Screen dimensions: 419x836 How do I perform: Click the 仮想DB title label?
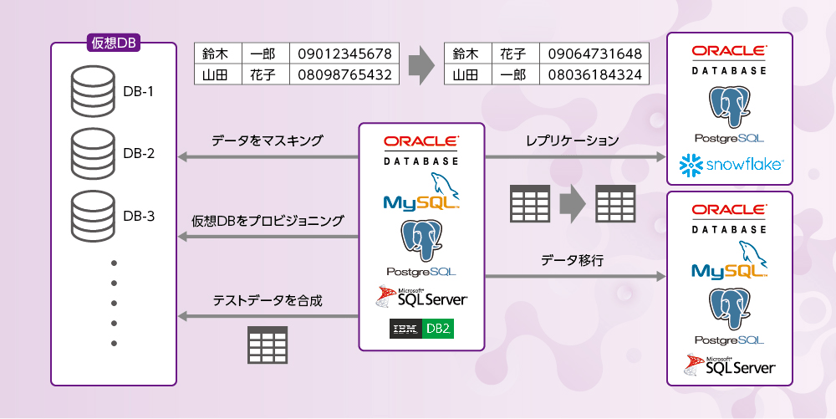pyautogui.click(x=113, y=43)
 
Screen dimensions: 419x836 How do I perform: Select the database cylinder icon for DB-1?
pyautogui.click(x=93, y=90)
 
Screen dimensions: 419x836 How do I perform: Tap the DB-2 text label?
pyautogui.click(x=139, y=153)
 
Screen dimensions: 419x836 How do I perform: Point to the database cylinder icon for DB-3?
pyautogui.click(x=93, y=215)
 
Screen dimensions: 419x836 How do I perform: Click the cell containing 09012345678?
pyautogui.click(x=344, y=54)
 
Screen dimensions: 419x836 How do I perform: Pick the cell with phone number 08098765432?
pyautogui.click(x=344, y=74)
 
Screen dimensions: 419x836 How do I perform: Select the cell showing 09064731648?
pyautogui.click(x=594, y=54)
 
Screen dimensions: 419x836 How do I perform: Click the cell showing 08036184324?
pyautogui.click(x=594, y=74)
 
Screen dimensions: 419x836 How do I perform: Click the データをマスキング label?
pyautogui.click(x=267, y=141)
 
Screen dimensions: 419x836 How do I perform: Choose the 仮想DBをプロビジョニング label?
pyautogui.click(x=267, y=221)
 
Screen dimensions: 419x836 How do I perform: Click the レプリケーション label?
pyautogui.click(x=572, y=141)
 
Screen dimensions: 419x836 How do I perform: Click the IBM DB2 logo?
pyautogui.click(x=421, y=329)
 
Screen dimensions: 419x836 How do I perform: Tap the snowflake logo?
pyautogui.click(x=731, y=166)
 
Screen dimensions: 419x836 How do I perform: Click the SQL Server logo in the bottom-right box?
pyautogui.click(x=730, y=365)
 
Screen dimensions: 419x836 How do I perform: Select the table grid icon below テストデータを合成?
pyautogui.click(x=267, y=344)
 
